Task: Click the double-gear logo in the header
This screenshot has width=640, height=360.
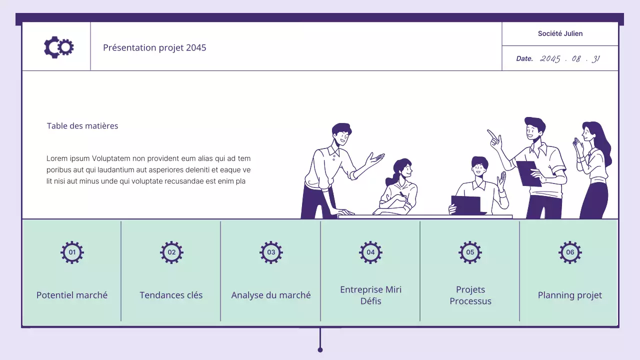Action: coord(59,47)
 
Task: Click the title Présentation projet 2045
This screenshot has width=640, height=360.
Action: coord(154,47)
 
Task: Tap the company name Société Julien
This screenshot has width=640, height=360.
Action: coord(560,33)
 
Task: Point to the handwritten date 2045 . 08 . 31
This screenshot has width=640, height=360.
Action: coord(570,59)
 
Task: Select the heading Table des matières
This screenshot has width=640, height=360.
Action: coord(82,125)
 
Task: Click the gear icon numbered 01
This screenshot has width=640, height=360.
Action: coord(72,252)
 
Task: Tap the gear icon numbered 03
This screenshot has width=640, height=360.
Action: coord(271,252)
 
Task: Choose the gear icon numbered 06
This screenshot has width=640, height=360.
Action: coord(570,252)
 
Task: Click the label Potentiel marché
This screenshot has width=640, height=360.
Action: coord(72,295)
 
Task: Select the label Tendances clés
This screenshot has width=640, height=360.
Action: coord(171,295)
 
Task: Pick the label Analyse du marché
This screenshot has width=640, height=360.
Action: coord(271,295)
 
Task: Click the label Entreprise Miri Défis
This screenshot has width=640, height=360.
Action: coord(371,295)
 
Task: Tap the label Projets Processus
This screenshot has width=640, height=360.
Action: coord(470,295)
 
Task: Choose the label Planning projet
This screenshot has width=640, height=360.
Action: coord(570,295)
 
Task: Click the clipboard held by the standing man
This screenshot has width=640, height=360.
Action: coord(529,173)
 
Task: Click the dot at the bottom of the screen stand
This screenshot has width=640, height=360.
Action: coord(320,350)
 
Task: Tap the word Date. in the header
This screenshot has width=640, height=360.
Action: coord(524,59)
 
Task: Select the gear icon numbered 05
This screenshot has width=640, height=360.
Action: coord(470,252)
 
